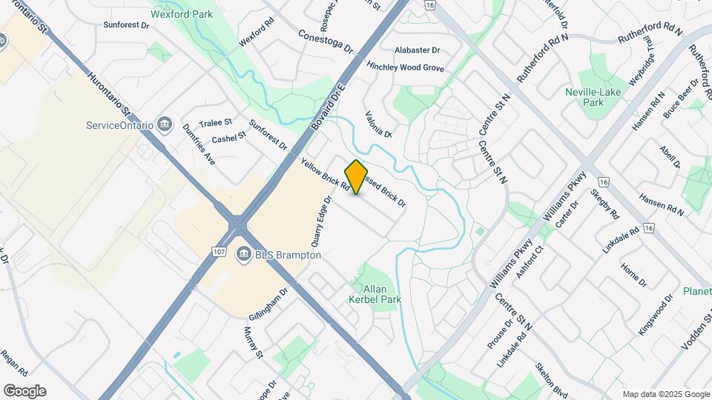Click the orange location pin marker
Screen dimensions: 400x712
pos(356,177)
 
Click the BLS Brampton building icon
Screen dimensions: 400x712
pos(243,255)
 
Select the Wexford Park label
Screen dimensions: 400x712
pos(181,14)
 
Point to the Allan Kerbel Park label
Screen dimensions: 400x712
pos(375,294)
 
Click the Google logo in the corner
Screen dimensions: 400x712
pos(24,390)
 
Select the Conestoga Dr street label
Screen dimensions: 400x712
pos(326,41)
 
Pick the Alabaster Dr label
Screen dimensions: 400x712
pos(418,50)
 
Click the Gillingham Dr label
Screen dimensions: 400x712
pos(268,304)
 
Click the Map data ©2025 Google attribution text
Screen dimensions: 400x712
pos(665,394)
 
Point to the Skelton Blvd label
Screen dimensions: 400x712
pos(552,380)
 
